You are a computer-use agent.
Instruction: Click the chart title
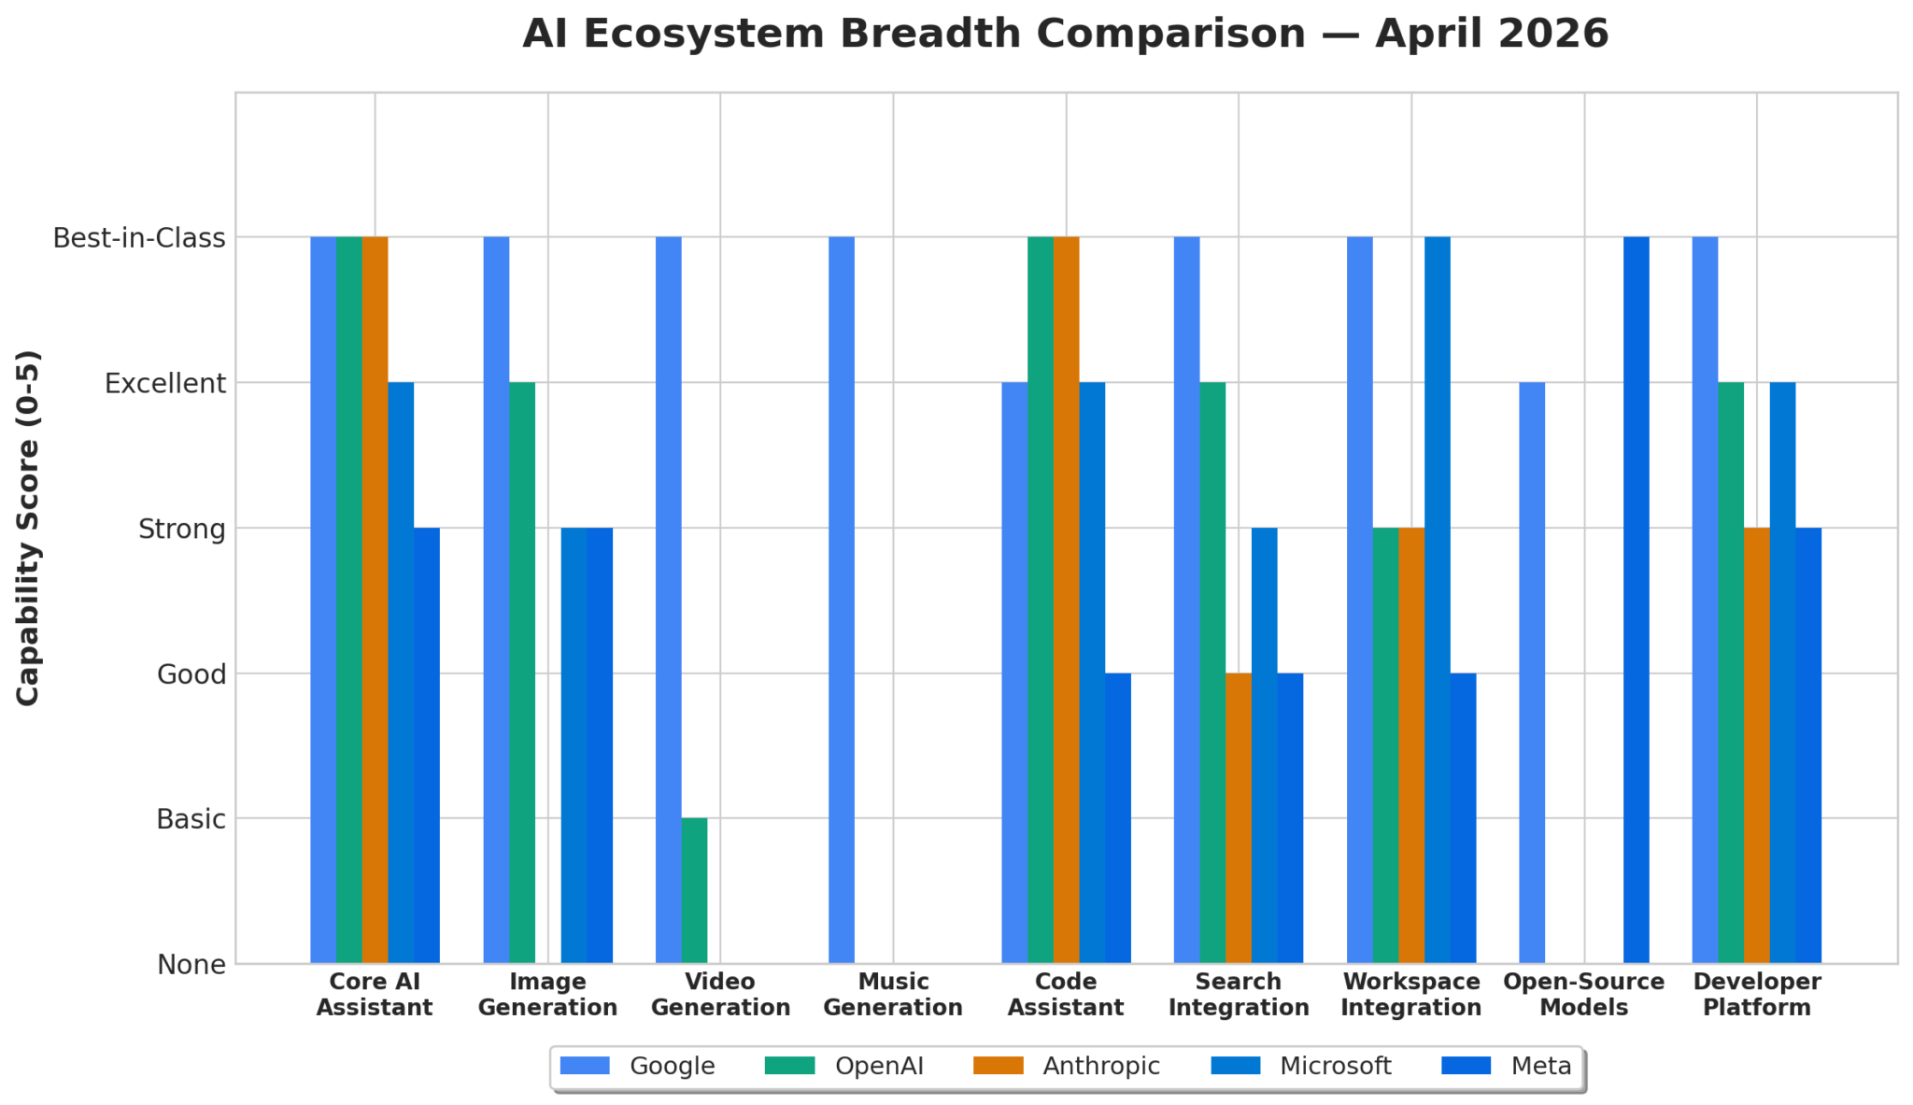click(1065, 35)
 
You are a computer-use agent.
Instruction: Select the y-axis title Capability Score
click(29, 528)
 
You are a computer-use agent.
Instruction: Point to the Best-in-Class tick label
click(139, 238)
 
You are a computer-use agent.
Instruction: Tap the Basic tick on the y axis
click(191, 819)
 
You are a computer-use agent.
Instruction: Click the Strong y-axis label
click(181, 530)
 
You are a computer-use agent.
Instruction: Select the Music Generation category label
click(893, 995)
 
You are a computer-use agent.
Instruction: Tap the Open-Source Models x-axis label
click(1583, 995)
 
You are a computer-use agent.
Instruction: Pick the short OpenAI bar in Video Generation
click(694, 890)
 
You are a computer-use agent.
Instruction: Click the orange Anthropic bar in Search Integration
click(1239, 817)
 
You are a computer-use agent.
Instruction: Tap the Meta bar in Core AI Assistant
click(427, 745)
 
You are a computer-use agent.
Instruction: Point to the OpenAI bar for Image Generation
click(522, 673)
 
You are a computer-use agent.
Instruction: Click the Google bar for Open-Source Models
click(1532, 673)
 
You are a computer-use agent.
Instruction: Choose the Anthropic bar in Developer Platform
click(1757, 745)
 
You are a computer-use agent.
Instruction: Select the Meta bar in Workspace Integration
click(1464, 817)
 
